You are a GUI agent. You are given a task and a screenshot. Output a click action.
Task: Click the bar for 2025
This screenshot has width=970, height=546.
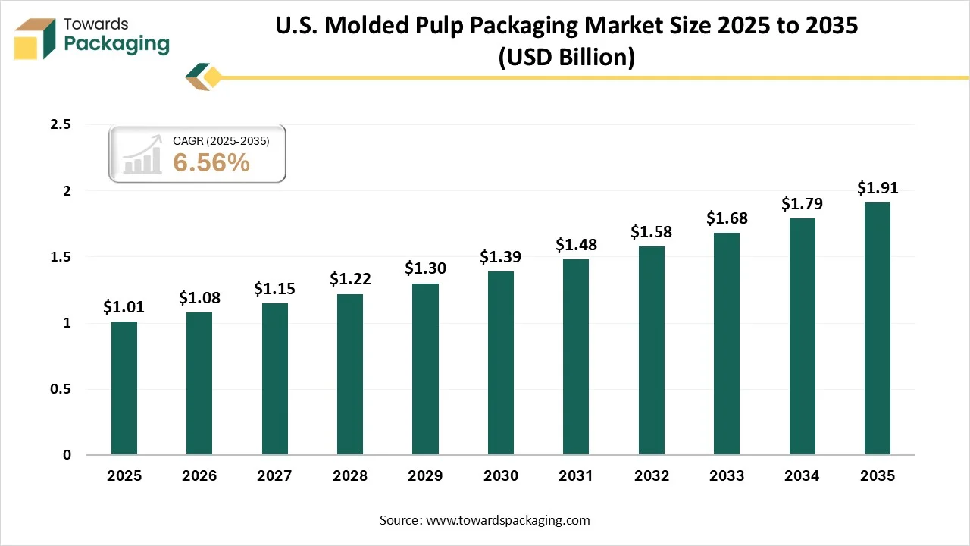click(124, 388)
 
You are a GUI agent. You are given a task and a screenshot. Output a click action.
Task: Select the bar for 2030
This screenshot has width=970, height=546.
click(501, 363)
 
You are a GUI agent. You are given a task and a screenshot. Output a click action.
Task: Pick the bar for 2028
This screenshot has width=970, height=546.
click(350, 375)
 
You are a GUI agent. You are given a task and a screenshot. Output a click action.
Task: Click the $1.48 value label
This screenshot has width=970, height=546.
click(576, 244)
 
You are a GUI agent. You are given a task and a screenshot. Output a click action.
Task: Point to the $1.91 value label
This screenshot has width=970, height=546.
click(878, 187)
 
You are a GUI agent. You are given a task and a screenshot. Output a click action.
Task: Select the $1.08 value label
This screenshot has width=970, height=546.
click(199, 297)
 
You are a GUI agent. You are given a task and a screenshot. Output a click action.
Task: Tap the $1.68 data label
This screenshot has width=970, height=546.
click(727, 218)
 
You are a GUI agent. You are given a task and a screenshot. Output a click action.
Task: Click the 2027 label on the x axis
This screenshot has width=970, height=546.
click(274, 476)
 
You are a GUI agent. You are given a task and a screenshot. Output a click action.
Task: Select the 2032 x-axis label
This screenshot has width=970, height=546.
click(652, 476)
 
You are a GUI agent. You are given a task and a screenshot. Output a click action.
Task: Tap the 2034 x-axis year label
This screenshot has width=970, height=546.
click(802, 476)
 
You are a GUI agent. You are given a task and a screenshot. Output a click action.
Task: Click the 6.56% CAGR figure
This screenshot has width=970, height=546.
click(211, 162)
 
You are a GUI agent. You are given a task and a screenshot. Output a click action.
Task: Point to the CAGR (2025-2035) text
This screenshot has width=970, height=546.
click(221, 140)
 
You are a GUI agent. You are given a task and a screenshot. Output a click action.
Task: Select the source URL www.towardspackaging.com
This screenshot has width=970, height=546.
click(507, 520)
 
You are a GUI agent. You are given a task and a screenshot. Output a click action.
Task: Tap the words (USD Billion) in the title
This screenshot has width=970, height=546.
click(566, 57)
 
